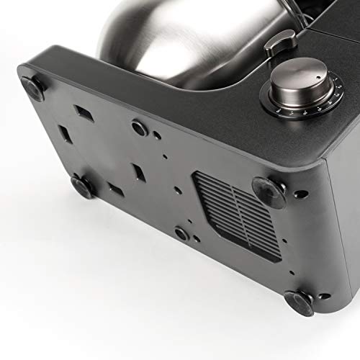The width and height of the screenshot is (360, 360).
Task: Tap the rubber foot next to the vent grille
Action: tap(268, 188)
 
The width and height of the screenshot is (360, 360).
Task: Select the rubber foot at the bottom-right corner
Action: tap(297, 302)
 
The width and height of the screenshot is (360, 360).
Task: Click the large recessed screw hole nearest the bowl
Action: tap(138, 127)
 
